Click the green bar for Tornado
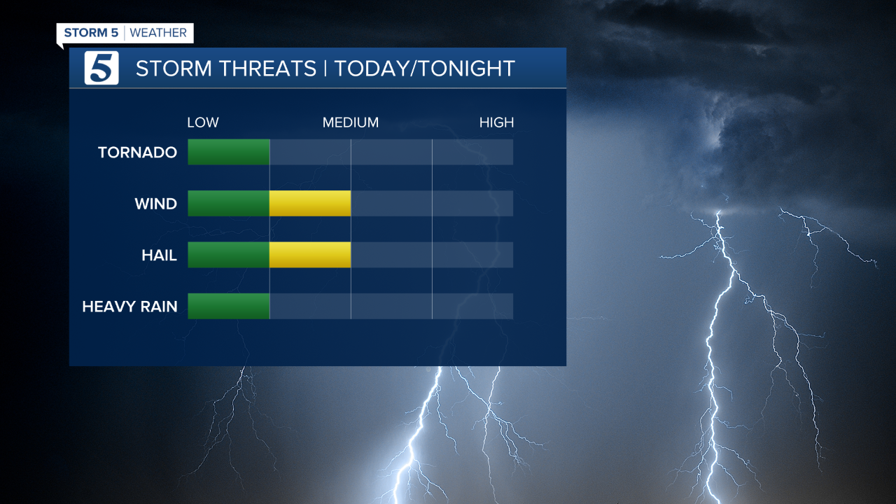(x=229, y=152)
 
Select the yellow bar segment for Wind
(x=310, y=203)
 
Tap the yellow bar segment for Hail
(x=310, y=255)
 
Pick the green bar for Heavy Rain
(x=229, y=306)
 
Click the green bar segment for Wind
(x=229, y=203)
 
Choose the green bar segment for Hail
(x=229, y=255)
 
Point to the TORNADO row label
(x=137, y=152)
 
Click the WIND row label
(x=155, y=204)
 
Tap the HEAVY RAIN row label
(x=129, y=307)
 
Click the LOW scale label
(x=203, y=122)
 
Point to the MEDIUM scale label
(x=350, y=122)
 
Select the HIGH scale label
(x=496, y=122)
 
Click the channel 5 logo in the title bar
(x=101, y=68)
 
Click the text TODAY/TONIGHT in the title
(x=424, y=69)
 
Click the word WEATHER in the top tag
(x=158, y=33)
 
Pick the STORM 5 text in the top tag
(x=91, y=33)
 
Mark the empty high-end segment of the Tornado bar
(x=472, y=152)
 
